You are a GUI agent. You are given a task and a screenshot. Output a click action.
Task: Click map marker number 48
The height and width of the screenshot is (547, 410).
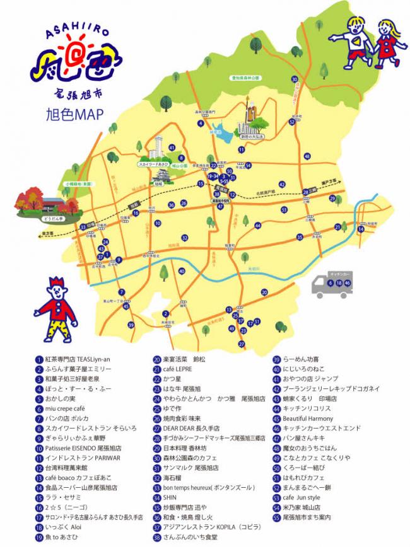[307, 157]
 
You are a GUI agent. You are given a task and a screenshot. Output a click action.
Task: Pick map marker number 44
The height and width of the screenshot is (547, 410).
[257, 225]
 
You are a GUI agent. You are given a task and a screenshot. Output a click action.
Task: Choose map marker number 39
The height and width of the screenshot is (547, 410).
[131, 325]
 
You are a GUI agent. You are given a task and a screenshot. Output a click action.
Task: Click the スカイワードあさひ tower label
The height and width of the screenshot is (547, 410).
[153, 164]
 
